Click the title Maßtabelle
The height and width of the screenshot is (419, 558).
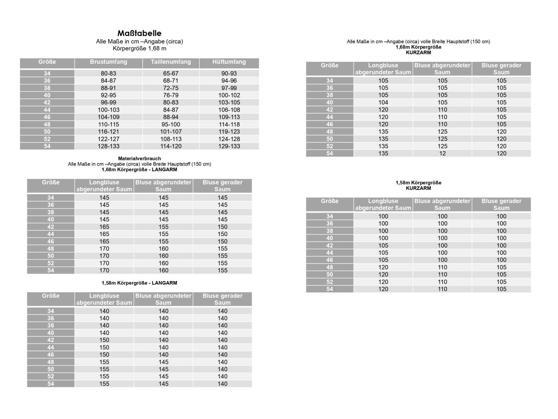click(x=139, y=33)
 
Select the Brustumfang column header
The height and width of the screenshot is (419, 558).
click(x=108, y=62)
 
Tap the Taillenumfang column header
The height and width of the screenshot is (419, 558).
click(x=171, y=62)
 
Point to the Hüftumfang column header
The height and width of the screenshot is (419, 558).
click(x=229, y=62)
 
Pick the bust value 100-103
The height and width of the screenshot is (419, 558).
click(x=108, y=110)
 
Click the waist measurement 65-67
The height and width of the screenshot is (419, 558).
click(x=171, y=73)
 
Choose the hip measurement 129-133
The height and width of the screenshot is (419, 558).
click(x=229, y=146)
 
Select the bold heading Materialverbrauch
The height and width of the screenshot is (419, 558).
click(x=139, y=159)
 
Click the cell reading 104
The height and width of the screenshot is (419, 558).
click(x=383, y=102)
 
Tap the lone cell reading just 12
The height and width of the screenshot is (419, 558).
click(x=442, y=153)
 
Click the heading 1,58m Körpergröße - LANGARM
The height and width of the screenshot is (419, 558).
click(x=139, y=283)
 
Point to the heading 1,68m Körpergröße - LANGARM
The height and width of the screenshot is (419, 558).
click(x=139, y=170)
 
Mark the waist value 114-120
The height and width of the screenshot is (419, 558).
click(x=171, y=146)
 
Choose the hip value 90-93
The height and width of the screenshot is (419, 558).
click(x=229, y=73)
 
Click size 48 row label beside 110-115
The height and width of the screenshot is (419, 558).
click(x=47, y=124)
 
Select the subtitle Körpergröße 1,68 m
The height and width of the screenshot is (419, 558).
click(x=139, y=49)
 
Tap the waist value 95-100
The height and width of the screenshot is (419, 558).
click(x=171, y=124)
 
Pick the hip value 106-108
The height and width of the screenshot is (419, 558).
click(x=229, y=110)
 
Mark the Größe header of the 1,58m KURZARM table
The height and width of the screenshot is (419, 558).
click(x=330, y=201)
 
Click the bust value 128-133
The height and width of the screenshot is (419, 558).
click(x=108, y=146)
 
